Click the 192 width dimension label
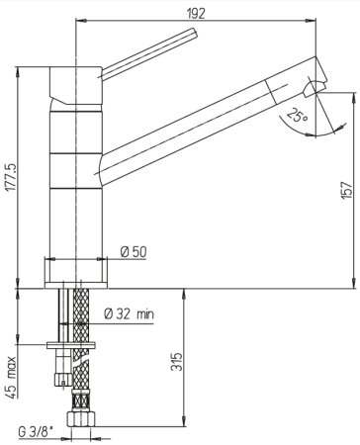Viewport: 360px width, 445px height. (196, 14)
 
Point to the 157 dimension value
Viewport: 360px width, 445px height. (346, 190)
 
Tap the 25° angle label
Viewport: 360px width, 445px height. (297, 115)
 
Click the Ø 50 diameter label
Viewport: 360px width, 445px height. (134, 252)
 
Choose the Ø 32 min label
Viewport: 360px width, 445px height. (130, 313)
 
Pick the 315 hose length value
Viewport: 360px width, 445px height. (176, 362)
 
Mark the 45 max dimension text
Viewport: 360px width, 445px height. (11, 378)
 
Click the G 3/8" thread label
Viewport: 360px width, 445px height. (36, 432)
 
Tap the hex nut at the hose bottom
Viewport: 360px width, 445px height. (81, 418)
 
